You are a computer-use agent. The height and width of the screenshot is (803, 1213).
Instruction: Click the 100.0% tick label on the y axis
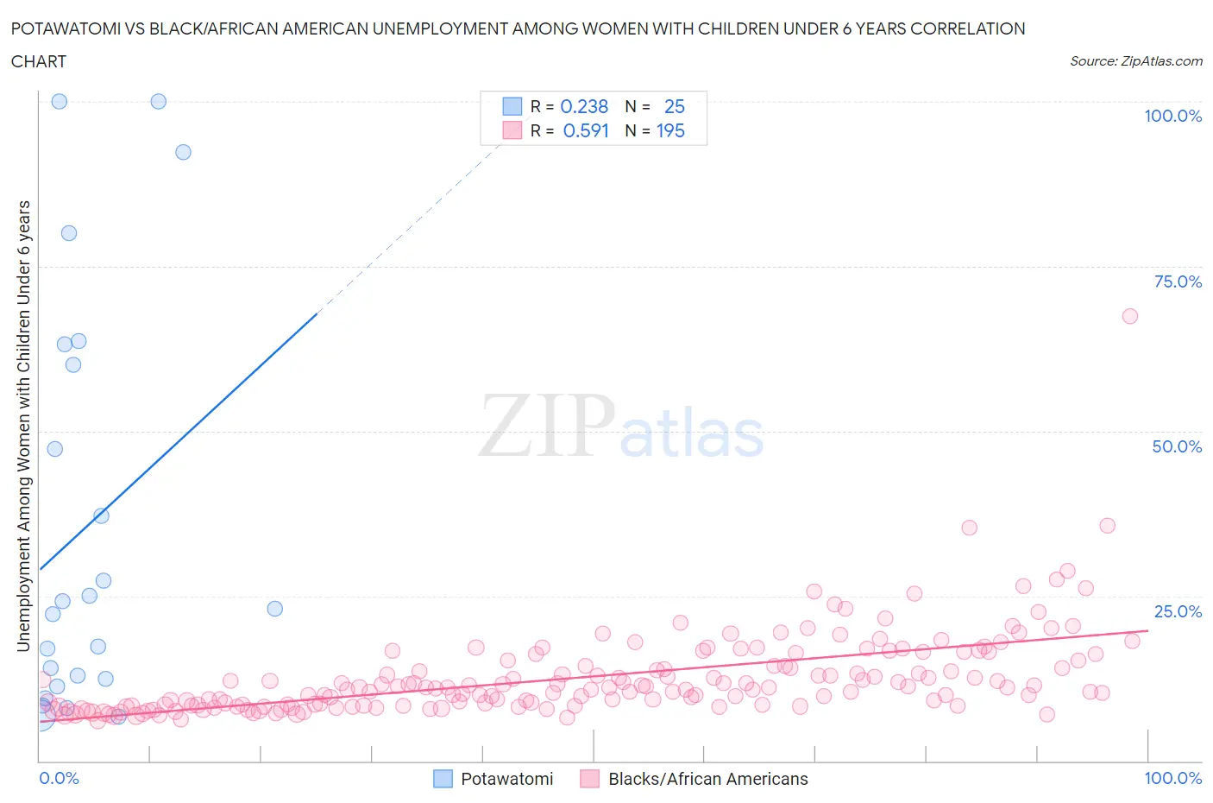[1172, 116]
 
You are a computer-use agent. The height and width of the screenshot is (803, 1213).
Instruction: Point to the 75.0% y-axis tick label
[1178, 281]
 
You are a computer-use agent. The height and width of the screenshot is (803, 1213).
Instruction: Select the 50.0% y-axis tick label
[1177, 446]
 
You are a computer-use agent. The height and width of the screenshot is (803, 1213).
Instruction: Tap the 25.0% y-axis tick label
[1178, 611]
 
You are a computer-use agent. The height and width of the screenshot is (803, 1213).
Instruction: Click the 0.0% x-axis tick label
[59, 778]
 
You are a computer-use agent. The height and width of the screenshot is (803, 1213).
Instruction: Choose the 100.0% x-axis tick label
[1172, 778]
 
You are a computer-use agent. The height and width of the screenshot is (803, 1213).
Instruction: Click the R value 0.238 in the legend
[584, 106]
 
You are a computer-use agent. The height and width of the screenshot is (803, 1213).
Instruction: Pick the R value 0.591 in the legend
[586, 130]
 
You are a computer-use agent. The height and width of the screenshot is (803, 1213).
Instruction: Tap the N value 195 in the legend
[670, 130]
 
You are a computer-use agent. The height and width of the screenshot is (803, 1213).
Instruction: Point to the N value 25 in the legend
[674, 106]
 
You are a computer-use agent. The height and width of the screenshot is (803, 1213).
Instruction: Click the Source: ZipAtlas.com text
[1135, 60]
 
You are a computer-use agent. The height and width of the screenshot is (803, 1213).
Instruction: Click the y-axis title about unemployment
[23, 426]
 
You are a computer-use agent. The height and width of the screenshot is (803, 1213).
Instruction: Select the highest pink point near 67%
[1130, 316]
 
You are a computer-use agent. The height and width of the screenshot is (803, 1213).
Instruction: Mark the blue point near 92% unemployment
[183, 152]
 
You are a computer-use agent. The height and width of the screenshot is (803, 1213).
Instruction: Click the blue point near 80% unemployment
[69, 233]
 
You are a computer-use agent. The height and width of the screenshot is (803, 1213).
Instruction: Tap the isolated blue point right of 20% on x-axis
[275, 609]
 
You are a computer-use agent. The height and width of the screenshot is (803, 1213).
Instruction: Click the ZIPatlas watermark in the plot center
[621, 426]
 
